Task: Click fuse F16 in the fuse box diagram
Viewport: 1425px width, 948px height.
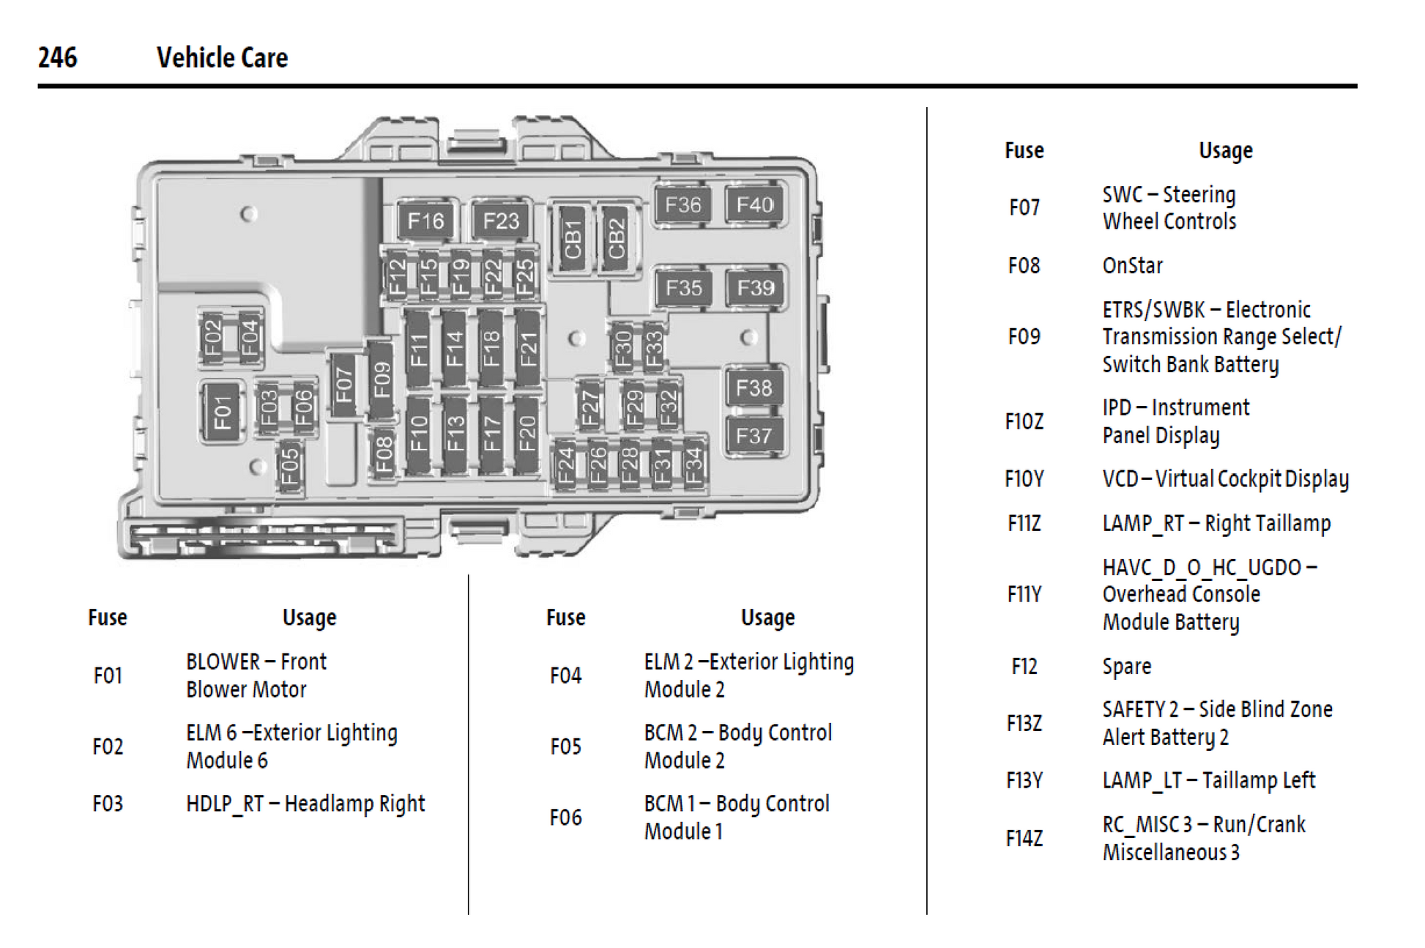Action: point(425,221)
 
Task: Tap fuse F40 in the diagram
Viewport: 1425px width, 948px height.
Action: point(754,204)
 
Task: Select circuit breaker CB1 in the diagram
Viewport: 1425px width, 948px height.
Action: point(573,240)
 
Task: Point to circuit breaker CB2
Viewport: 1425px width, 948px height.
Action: point(616,240)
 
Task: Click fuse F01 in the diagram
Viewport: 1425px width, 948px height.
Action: point(222,412)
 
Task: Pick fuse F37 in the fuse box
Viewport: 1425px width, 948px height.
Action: point(754,436)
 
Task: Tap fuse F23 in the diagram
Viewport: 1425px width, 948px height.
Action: point(501,221)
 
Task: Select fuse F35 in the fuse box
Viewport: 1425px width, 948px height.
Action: point(683,288)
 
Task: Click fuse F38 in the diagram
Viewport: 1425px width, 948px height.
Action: point(754,387)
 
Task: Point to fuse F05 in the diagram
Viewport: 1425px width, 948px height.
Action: point(289,466)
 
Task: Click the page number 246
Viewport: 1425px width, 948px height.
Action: point(57,57)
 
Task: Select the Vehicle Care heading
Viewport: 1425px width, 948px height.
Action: point(222,58)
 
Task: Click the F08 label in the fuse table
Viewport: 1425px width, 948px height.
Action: point(1024,265)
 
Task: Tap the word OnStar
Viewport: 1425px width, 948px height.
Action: point(1132,265)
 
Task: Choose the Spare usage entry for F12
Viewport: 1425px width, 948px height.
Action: point(1126,666)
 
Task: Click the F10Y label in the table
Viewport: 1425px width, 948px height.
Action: point(1024,479)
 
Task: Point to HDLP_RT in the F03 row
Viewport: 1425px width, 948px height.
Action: point(224,804)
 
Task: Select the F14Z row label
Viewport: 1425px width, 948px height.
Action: point(1024,838)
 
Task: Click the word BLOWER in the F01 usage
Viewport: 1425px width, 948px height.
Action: point(223,662)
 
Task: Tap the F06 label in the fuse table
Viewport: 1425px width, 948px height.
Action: point(565,818)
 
